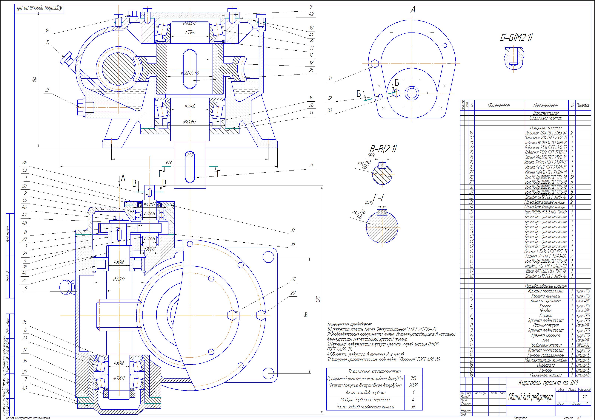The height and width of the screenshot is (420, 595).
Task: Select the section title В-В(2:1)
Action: coord(383,149)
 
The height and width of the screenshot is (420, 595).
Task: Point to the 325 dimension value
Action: coord(319,299)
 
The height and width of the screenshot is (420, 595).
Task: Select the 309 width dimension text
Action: coord(168,163)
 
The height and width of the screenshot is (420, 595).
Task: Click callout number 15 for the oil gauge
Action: coord(48,42)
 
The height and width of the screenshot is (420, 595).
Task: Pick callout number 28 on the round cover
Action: coord(293,279)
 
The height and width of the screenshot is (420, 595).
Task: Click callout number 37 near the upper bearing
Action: coord(293,230)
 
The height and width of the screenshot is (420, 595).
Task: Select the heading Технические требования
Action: coord(349,324)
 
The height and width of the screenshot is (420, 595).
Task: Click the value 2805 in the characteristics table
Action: coord(413,385)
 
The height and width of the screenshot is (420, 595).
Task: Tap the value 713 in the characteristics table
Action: coord(413,379)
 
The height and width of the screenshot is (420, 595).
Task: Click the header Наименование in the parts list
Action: coord(545,105)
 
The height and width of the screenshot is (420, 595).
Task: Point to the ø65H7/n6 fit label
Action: coord(190,73)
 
